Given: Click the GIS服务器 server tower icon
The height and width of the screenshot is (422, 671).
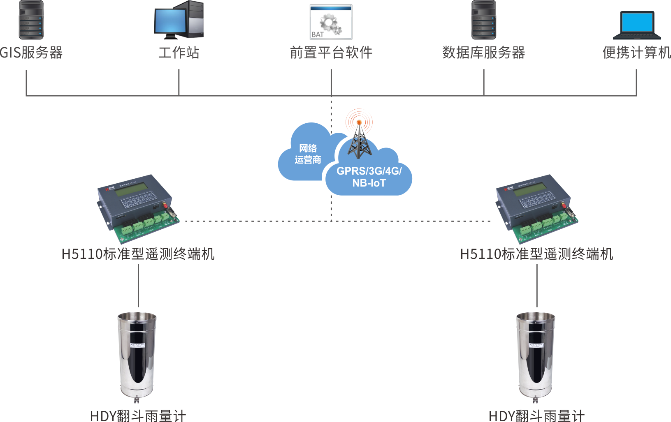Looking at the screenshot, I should click(x=31, y=20).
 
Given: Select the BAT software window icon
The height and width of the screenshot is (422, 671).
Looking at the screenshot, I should click(x=331, y=22).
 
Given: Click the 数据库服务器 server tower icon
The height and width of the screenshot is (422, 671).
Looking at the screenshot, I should click(x=483, y=20).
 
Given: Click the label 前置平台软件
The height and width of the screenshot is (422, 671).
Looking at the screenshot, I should click(x=331, y=53).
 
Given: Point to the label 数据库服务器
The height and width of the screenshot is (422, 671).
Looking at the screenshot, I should click(x=483, y=53).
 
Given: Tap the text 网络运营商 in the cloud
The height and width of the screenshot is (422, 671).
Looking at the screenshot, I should click(x=308, y=154).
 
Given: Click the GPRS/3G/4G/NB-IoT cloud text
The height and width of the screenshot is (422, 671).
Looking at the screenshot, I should click(x=369, y=177).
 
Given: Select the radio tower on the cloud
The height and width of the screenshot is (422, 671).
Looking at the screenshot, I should click(x=359, y=136).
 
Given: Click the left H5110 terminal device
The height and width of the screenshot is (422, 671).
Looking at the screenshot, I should click(x=138, y=208).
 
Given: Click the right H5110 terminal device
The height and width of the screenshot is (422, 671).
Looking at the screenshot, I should click(x=536, y=208).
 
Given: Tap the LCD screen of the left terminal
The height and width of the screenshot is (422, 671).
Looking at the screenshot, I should click(x=133, y=188).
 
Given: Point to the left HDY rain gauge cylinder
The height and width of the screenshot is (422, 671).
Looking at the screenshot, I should click(x=137, y=353).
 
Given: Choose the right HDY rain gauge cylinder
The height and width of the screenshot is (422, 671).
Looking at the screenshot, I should click(x=536, y=353).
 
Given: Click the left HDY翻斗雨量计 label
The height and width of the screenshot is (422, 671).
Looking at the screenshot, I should click(x=138, y=415).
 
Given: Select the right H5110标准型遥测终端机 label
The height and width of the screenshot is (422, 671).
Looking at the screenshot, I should click(x=536, y=254).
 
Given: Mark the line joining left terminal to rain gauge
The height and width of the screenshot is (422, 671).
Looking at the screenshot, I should click(x=138, y=286).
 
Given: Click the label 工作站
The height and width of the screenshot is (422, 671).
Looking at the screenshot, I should click(x=179, y=53).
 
